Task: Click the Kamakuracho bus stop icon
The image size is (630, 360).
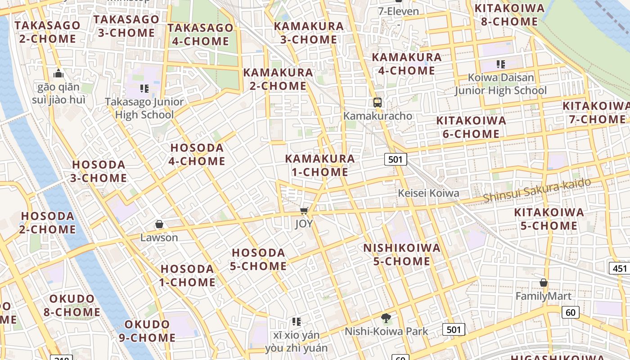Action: click(378, 103)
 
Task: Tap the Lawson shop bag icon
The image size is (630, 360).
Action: click(159, 224)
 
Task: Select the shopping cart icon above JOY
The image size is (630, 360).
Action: click(304, 211)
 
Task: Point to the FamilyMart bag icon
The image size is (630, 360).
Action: click(544, 283)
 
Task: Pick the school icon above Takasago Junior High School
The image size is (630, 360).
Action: click(144, 89)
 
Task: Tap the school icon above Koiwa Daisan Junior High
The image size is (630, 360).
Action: click(501, 64)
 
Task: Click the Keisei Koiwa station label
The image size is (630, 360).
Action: click(428, 193)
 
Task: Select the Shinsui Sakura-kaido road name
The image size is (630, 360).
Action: click(537, 190)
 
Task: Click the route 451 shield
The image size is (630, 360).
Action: click(620, 269)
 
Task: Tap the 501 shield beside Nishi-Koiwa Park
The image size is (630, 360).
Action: click(454, 330)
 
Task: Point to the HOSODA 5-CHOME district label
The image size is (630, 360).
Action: click(258, 259)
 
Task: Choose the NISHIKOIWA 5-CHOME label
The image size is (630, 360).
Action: click(402, 255)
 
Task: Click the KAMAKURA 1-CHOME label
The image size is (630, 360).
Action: click(320, 165)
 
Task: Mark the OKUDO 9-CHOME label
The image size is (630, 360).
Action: click(147, 331)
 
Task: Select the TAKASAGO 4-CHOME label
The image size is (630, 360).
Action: click(201, 35)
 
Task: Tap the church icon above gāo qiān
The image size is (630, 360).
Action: click(58, 73)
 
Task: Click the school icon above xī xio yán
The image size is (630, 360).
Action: click(296, 321)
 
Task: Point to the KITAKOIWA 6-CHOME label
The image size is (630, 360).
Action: click(471, 127)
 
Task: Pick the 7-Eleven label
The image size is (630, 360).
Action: click(399, 12)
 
